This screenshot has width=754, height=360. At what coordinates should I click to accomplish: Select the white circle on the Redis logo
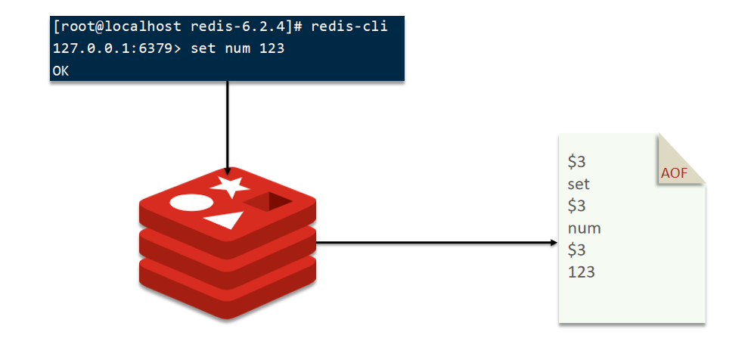(x=190, y=203)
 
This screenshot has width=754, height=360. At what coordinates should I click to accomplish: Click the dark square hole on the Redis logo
(x=269, y=201)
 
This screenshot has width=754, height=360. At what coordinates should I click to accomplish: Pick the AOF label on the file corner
(x=675, y=173)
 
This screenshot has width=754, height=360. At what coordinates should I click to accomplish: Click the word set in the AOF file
(x=579, y=184)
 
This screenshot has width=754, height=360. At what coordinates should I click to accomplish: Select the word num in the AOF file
(x=584, y=228)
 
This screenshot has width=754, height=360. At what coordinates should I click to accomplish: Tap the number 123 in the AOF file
(x=582, y=272)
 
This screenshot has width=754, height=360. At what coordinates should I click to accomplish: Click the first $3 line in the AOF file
(x=577, y=162)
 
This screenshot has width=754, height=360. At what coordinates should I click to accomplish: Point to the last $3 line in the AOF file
(x=577, y=250)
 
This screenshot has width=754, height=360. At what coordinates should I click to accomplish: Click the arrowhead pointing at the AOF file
(x=553, y=243)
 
